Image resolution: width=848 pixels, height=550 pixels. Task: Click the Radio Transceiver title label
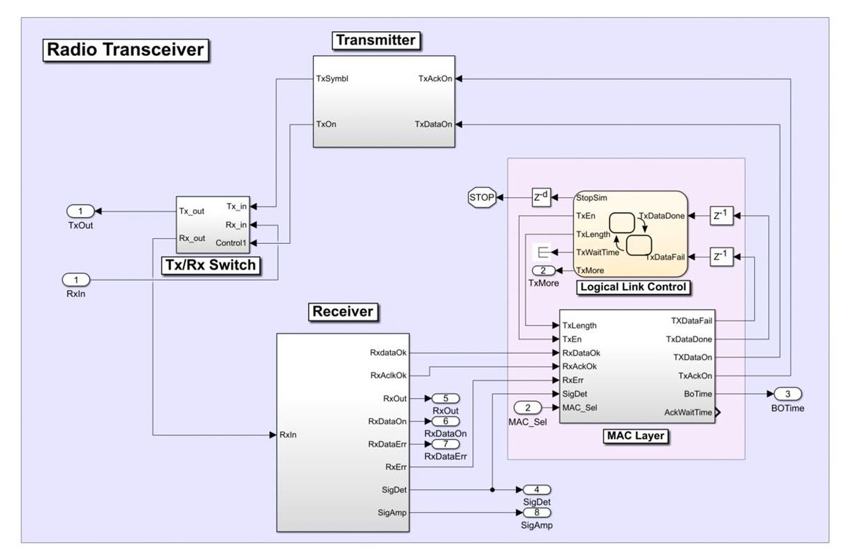coord(126,50)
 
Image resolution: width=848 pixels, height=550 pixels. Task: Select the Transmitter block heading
coord(376,40)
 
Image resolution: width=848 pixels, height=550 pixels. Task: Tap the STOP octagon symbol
coord(482,197)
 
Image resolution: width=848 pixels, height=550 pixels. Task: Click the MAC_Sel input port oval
coord(528,407)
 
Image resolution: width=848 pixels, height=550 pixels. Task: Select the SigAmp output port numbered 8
coord(536,513)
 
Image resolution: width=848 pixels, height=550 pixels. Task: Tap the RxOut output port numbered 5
coord(445,398)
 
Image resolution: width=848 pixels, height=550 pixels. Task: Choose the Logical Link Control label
coord(633,286)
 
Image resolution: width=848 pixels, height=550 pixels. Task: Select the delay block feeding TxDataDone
coord(721,216)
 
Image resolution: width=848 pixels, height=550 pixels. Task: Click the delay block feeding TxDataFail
coord(721,257)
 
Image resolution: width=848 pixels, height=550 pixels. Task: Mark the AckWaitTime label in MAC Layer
coord(688,412)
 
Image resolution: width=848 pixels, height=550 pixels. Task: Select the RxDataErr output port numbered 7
coord(445,444)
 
